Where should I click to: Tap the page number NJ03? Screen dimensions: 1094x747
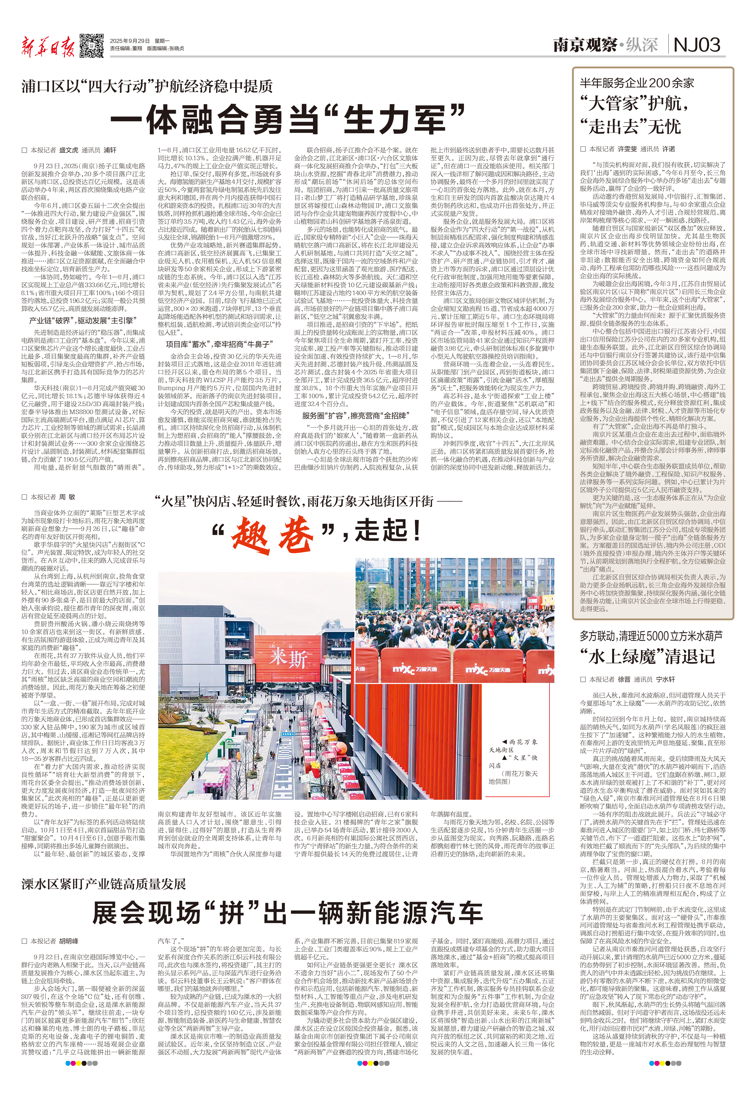pyautogui.click(x=697, y=45)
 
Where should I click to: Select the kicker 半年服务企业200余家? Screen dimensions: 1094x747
pyautogui.click(x=637, y=83)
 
